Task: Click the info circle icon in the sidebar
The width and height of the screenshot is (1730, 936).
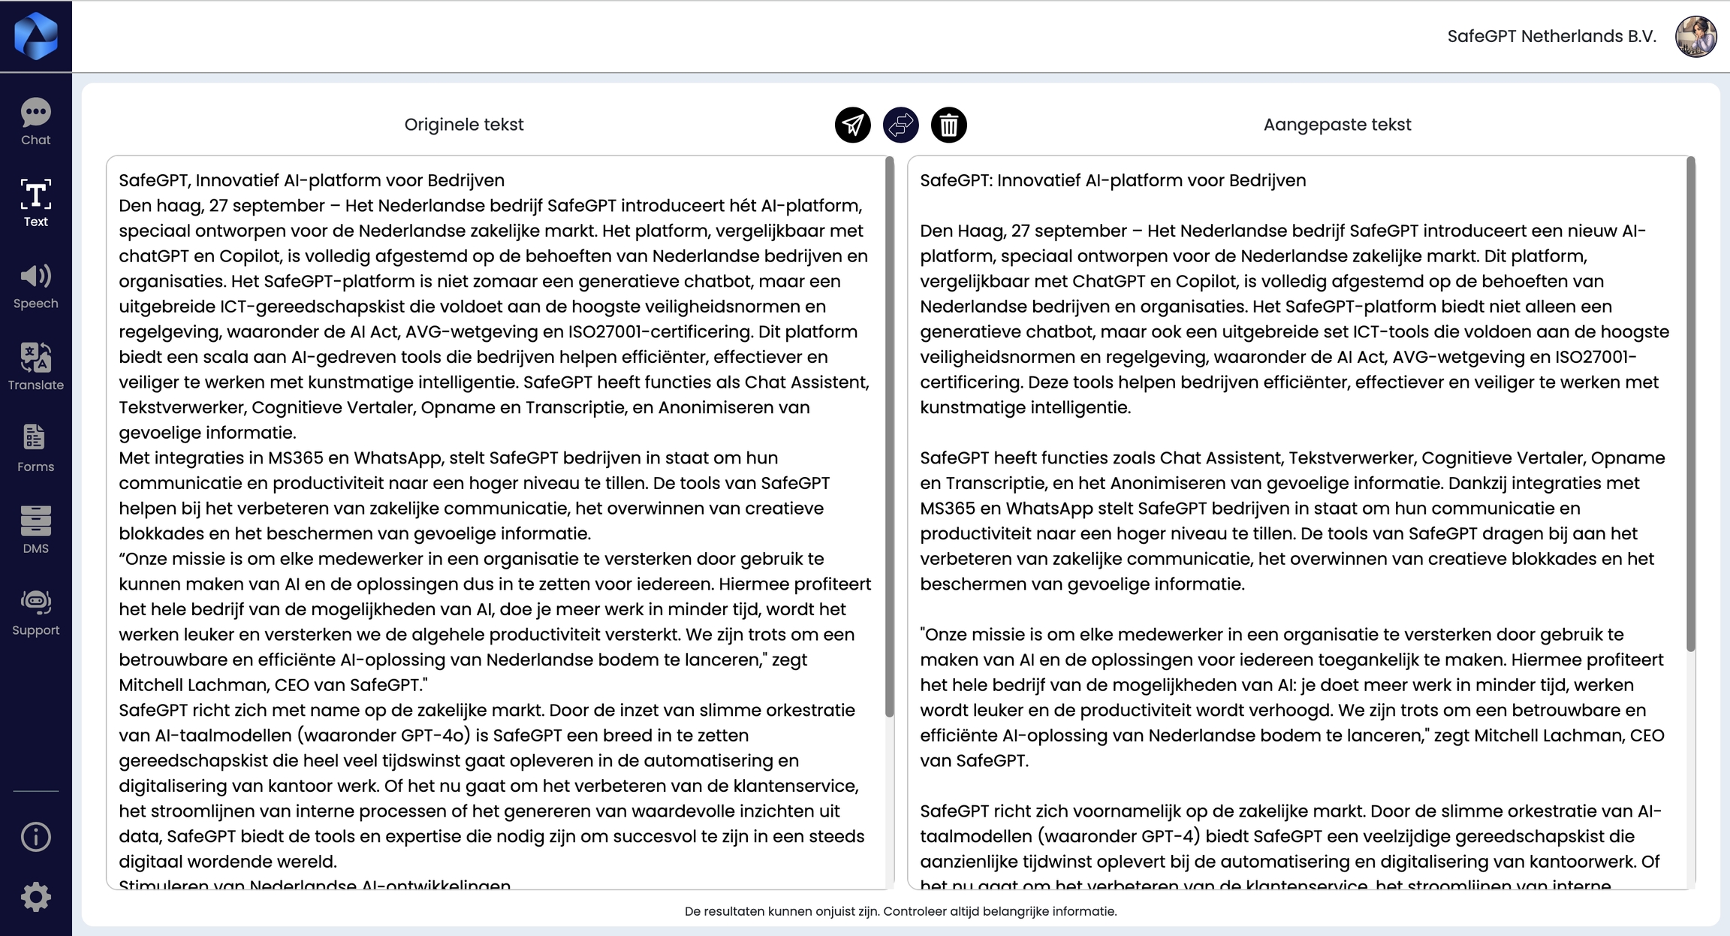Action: click(x=35, y=836)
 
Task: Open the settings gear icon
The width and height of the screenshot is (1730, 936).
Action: click(x=35, y=897)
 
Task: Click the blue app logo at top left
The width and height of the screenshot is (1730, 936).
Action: click(x=35, y=35)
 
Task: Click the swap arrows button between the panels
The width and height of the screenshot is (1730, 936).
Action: click(x=900, y=125)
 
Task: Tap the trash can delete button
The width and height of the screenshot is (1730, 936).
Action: click(x=948, y=125)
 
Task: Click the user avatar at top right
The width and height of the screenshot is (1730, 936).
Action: click(x=1695, y=36)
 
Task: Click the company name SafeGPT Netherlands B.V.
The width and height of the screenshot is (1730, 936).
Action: click(x=1551, y=36)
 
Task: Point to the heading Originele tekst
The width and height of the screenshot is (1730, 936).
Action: click(x=463, y=125)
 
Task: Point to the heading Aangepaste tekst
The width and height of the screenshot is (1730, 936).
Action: click(x=1337, y=125)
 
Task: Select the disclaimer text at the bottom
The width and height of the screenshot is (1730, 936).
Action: click(x=900, y=911)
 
